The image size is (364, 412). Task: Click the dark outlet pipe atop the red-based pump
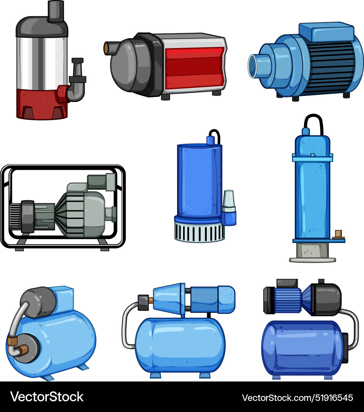point(56,10)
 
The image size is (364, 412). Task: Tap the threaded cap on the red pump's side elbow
point(77,61)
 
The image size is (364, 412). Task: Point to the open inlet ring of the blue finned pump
point(253,66)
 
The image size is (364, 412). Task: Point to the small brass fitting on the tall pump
point(338,234)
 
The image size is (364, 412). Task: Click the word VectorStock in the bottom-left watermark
point(47,397)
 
